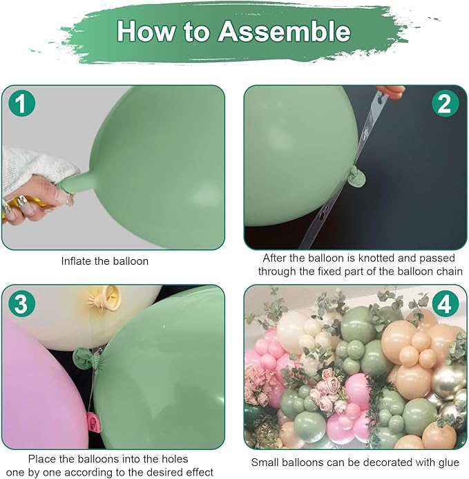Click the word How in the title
(146, 31)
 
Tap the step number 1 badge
(22, 104)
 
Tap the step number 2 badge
(445, 104)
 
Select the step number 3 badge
(22, 303)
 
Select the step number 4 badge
(445, 303)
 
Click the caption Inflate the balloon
(104, 261)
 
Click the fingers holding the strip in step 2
(391, 91)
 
